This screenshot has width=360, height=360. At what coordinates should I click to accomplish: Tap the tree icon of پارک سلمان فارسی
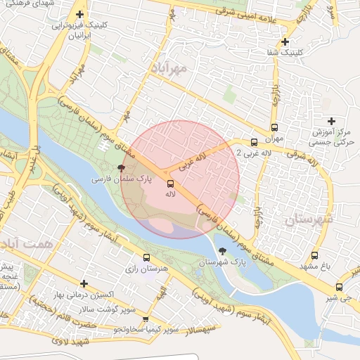[x=122, y=169]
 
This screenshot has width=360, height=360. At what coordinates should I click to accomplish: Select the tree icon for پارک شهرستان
[x=223, y=251]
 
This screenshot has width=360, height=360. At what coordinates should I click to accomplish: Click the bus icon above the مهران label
[x=274, y=128]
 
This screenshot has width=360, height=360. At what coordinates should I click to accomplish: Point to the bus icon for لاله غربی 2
[x=253, y=143]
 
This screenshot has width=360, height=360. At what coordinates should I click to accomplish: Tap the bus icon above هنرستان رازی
[x=146, y=257]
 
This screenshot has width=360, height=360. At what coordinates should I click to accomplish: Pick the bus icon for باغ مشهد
[x=314, y=256]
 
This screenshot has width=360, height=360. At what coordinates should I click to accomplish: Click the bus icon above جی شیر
[x=340, y=287]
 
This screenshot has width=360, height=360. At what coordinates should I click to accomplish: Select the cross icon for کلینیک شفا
[x=285, y=42]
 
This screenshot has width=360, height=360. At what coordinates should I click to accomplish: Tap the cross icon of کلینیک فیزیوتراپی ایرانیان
[x=80, y=14]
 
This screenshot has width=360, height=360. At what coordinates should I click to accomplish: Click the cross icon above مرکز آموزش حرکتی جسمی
[x=332, y=121]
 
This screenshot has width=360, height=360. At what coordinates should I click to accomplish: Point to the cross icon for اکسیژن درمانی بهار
[x=84, y=283]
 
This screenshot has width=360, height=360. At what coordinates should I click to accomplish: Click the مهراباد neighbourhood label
[x=169, y=68]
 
